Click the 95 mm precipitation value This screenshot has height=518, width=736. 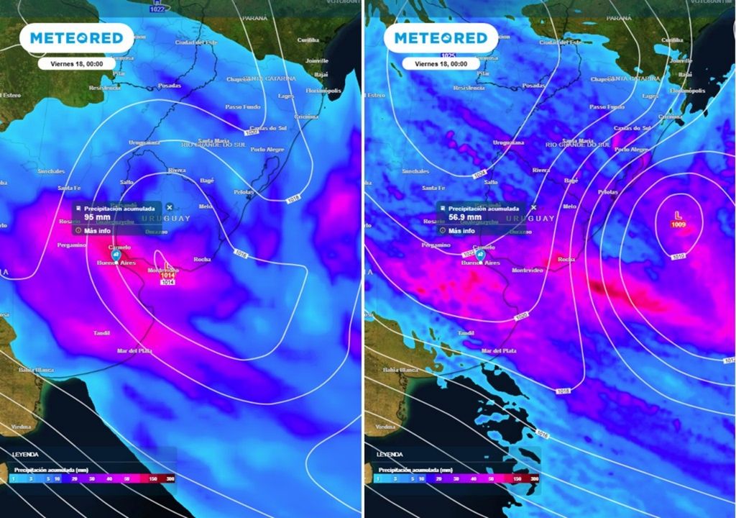[x=97, y=217]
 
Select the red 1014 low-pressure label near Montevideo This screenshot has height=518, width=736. [x=167, y=275]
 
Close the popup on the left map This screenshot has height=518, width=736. [x=170, y=207]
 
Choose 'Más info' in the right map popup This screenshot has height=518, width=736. [x=463, y=231]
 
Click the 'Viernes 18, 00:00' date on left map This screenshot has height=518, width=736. [x=77, y=63]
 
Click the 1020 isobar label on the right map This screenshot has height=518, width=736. [x=523, y=317]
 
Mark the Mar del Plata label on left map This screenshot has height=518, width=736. [x=134, y=350]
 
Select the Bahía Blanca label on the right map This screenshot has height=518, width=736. [x=400, y=370]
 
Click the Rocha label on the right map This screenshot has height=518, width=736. [x=566, y=259]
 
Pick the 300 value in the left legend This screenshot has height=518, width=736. [x=170, y=478]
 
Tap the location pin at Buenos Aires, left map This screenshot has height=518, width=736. [x=116, y=255]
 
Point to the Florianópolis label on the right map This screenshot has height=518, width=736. [x=687, y=91]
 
